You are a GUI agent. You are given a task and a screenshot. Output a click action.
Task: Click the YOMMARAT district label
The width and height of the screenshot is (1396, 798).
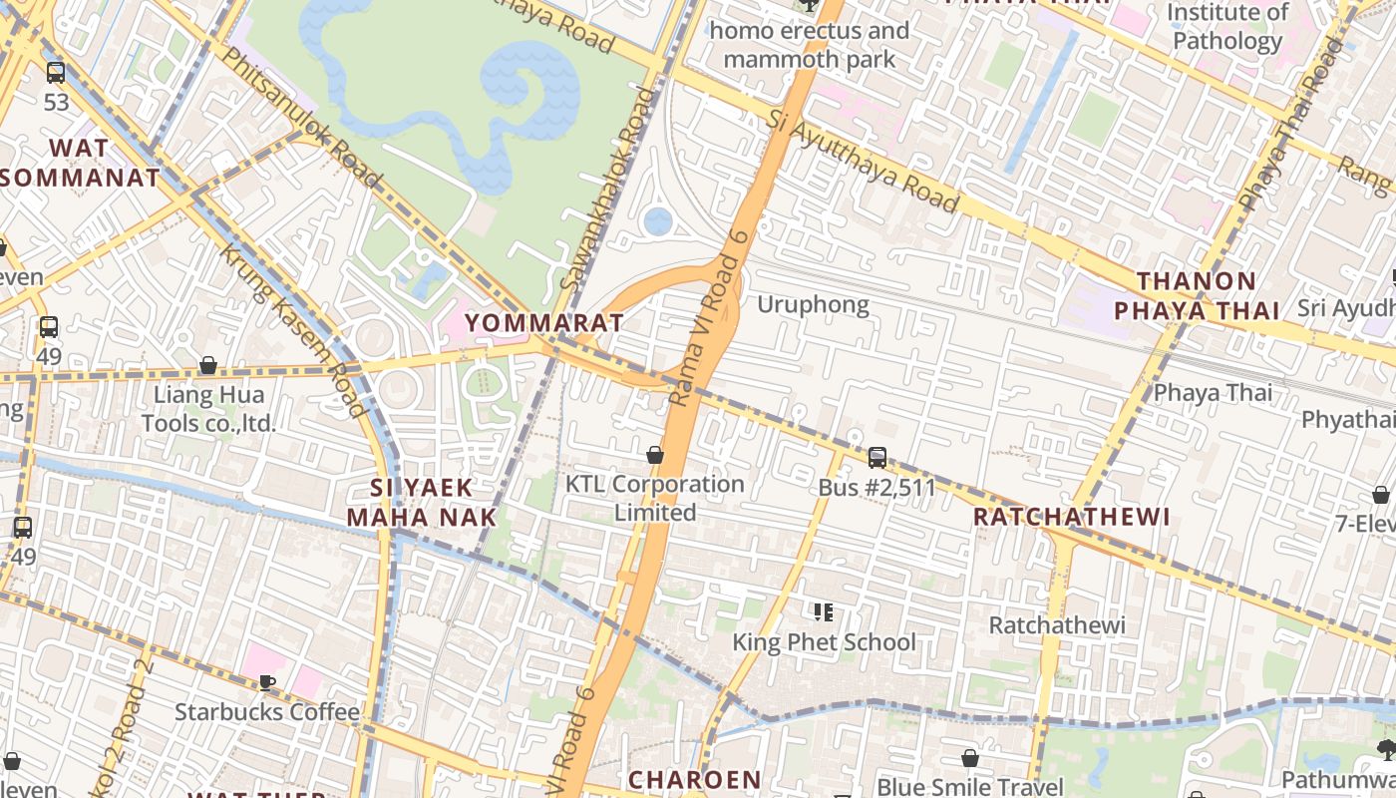pos(544,322)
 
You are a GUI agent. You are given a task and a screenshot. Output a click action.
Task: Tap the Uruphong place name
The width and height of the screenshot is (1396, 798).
pos(813,304)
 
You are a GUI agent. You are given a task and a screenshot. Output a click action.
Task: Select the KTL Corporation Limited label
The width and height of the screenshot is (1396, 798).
pos(654,498)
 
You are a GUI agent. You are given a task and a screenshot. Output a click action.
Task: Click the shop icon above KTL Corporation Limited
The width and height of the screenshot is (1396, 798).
pos(655,455)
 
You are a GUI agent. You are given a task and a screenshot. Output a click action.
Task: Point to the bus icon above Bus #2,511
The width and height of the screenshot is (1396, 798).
pos(877,457)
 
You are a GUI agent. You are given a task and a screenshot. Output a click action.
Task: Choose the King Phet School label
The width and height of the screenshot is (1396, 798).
pos(824,641)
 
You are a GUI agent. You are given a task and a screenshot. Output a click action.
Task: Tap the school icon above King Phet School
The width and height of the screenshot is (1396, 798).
pos(823,611)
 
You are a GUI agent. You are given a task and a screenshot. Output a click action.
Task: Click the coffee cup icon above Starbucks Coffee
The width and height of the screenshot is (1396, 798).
pos(266,682)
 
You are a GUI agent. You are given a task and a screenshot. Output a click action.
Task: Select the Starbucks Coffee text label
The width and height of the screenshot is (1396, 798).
pos(266,711)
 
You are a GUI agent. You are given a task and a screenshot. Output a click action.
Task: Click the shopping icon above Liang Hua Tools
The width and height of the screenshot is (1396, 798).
pos(208,365)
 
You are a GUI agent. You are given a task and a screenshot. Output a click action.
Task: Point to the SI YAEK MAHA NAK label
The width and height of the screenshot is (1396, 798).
pos(421,502)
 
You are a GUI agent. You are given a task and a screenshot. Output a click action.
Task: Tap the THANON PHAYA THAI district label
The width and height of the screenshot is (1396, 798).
pos(1197,295)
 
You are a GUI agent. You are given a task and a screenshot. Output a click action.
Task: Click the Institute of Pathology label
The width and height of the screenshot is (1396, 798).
pos(1227,27)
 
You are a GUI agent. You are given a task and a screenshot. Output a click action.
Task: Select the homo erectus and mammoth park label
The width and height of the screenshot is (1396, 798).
pos(810,45)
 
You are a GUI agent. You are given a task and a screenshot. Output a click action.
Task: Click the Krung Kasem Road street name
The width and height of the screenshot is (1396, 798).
pos(293,329)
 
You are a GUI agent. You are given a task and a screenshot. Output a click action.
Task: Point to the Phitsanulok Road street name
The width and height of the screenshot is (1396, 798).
pos(299,116)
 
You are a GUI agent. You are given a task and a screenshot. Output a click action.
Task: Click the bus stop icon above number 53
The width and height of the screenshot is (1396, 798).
pos(56,72)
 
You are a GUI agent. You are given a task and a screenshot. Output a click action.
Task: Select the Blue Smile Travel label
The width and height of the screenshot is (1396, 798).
pos(969,786)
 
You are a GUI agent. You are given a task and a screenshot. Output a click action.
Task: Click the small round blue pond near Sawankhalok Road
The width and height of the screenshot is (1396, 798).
pos(658,221)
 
